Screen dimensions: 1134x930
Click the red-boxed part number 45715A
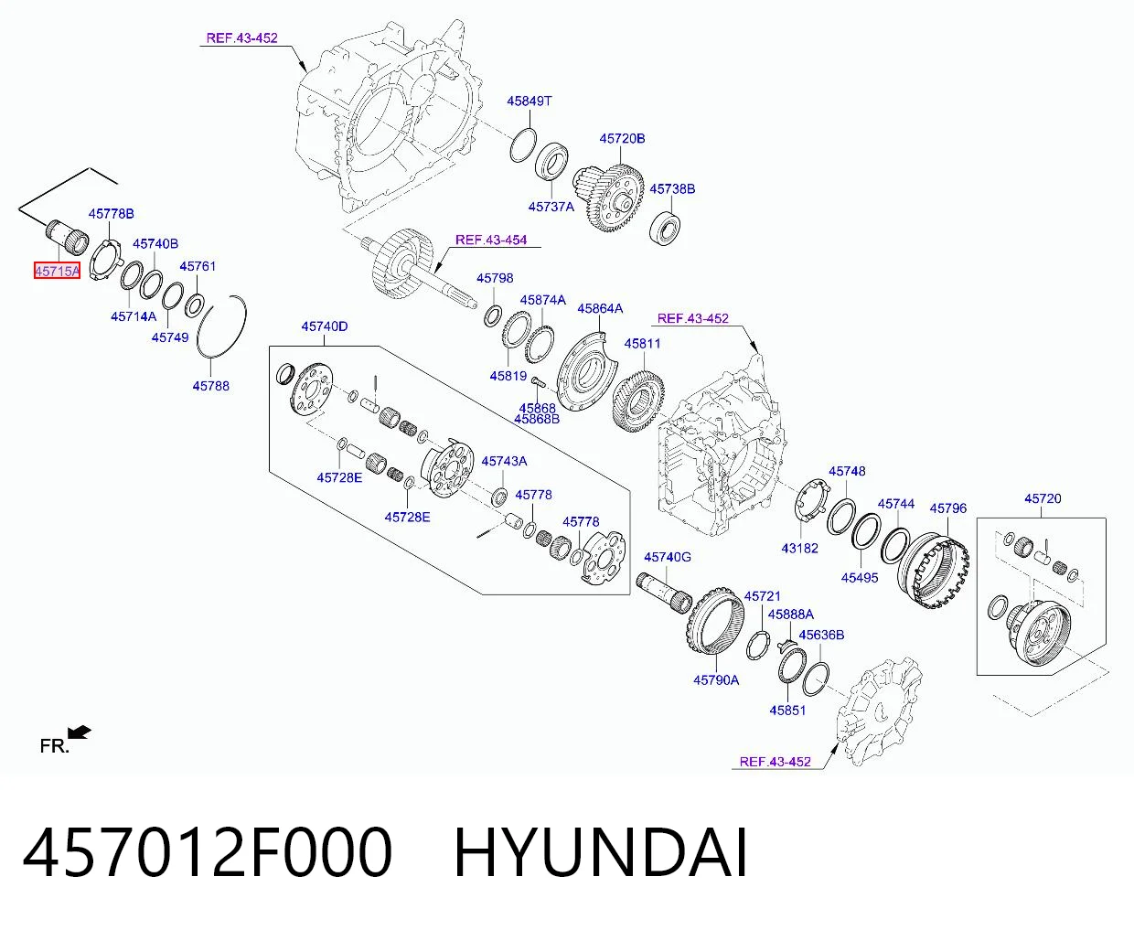click(x=57, y=272)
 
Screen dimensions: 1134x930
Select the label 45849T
click(x=530, y=102)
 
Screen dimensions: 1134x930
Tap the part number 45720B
click(x=622, y=139)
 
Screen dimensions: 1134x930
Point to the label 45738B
click(x=672, y=189)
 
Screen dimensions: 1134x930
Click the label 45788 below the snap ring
click(x=210, y=386)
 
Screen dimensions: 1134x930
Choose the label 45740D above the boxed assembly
click(x=325, y=326)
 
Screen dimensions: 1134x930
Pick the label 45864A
click(x=600, y=308)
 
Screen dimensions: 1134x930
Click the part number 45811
click(x=642, y=344)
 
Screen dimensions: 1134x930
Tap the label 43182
click(x=799, y=549)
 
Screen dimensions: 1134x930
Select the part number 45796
click(x=948, y=508)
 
